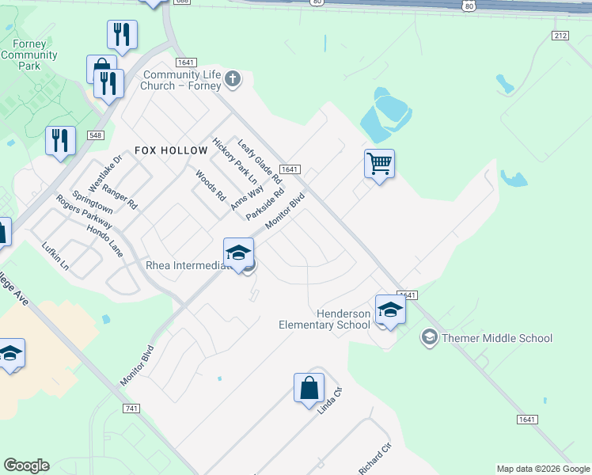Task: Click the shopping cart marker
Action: point(380,164)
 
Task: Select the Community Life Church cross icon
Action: point(232,78)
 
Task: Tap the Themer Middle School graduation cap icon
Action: point(430,338)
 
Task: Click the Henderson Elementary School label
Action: point(324,319)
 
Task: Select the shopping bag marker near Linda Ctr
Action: point(309,389)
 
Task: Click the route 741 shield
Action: point(132,408)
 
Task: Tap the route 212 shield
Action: point(560,36)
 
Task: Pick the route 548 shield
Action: point(96,136)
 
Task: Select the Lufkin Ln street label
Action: point(55,256)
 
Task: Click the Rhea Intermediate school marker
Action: point(238,253)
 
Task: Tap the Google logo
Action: point(26,465)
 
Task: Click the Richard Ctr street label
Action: point(375,458)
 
